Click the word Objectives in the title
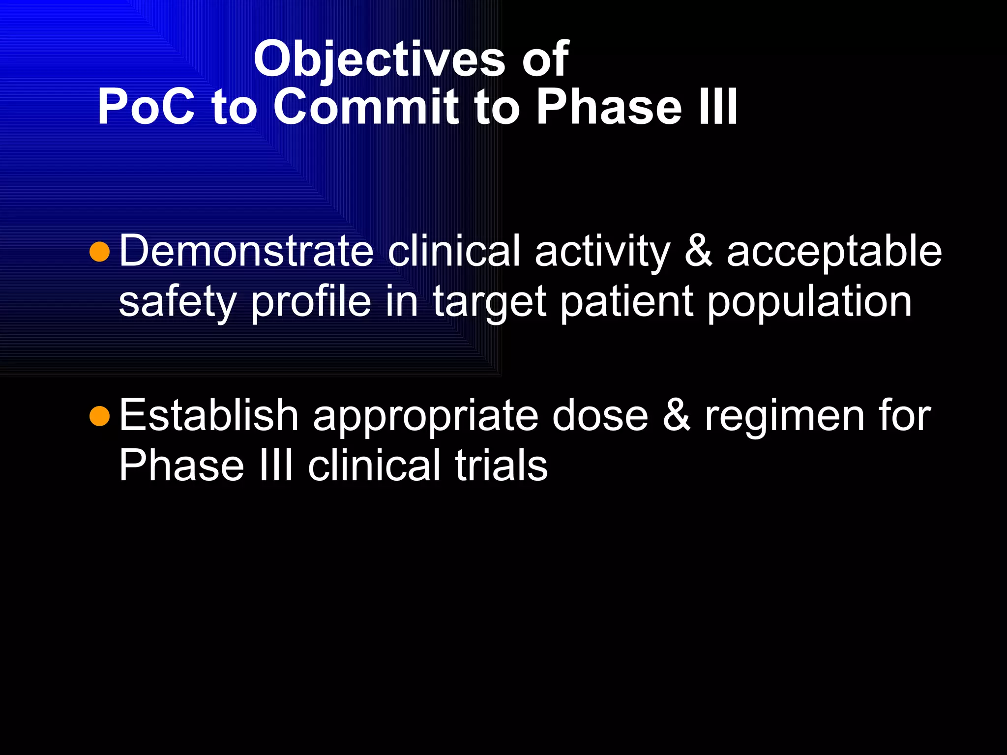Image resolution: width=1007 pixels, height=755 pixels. pos(379,60)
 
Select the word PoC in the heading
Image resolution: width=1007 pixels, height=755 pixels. pos(146,107)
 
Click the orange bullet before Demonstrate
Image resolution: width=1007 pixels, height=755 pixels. pos(100,252)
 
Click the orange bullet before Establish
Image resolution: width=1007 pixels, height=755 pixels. pos(100,416)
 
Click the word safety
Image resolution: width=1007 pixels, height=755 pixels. pos(178,303)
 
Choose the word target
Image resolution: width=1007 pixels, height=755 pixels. pos(489,303)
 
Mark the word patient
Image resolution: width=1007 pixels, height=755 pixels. pos(627,302)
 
